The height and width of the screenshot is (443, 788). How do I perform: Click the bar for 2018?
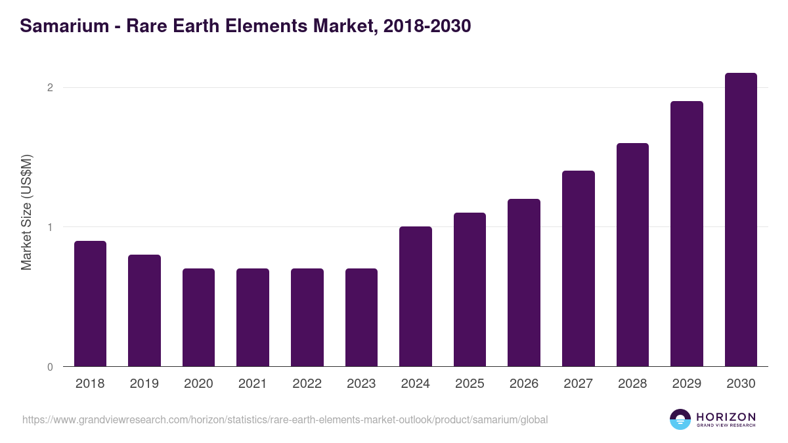pyautogui.click(x=90, y=304)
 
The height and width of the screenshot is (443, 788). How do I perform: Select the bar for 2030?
pyautogui.click(x=741, y=220)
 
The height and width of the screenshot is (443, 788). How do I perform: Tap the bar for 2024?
pyautogui.click(x=416, y=297)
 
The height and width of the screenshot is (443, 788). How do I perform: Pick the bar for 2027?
pyautogui.click(x=579, y=268)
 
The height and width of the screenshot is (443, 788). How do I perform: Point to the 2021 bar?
pyautogui.click(x=253, y=318)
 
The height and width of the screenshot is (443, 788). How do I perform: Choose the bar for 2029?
pyautogui.click(x=687, y=234)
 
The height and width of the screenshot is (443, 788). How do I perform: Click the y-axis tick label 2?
pyautogui.click(x=49, y=88)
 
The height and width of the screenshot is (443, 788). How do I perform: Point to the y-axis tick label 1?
pyautogui.click(x=49, y=227)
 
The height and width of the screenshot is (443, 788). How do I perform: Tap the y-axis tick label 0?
pyautogui.click(x=49, y=367)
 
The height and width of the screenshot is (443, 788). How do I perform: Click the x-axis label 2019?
pyautogui.click(x=144, y=384)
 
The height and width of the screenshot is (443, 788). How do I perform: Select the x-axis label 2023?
pyautogui.click(x=361, y=384)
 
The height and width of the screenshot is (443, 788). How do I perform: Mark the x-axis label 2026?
pyautogui.click(x=524, y=384)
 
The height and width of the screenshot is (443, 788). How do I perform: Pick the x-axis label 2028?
pyautogui.click(x=632, y=384)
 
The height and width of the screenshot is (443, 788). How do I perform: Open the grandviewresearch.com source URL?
pyautogui.click(x=285, y=419)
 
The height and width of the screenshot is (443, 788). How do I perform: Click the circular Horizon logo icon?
pyautogui.click(x=680, y=419)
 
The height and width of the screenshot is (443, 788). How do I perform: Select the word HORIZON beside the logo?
pyautogui.click(x=726, y=417)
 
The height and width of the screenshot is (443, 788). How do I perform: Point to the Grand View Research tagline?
pyautogui.click(x=726, y=426)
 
